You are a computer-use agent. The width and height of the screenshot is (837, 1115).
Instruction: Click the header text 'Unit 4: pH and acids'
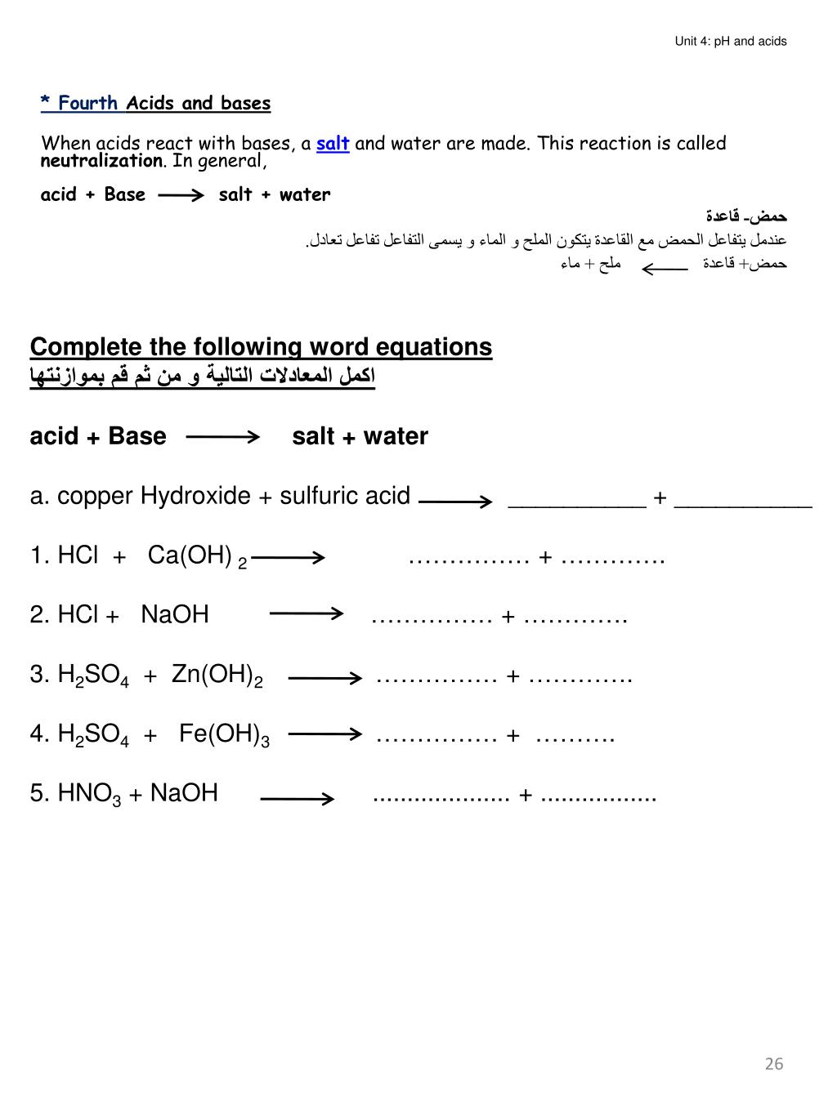tap(730, 41)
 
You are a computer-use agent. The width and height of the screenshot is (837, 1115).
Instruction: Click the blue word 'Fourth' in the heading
tap(87, 103)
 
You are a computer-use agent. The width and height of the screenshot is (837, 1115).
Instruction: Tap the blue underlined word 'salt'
tap(333, 144)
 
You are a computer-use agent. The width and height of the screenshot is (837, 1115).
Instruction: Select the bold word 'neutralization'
tap(101, 161)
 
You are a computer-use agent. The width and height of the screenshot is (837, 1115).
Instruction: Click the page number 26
tap(773, 1063)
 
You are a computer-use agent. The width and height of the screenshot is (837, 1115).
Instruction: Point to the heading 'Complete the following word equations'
tap(261, 347)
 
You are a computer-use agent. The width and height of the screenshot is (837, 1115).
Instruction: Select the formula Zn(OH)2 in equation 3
tap(217, 676)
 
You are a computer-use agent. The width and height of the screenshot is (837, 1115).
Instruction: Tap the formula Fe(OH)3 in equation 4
tap(224, 734)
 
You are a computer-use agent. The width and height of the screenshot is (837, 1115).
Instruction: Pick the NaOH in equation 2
tap(175, 614)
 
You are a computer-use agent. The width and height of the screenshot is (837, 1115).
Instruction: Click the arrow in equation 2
tap(306, 613)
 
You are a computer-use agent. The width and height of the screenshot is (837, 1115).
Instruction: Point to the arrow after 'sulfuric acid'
tap(455, 502)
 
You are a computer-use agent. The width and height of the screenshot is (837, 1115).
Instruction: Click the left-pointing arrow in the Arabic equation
tap(665, 268)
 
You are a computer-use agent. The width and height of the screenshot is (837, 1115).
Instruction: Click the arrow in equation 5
tap(297, 798)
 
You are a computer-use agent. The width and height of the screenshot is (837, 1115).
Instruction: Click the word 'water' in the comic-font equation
tap(305, 195)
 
